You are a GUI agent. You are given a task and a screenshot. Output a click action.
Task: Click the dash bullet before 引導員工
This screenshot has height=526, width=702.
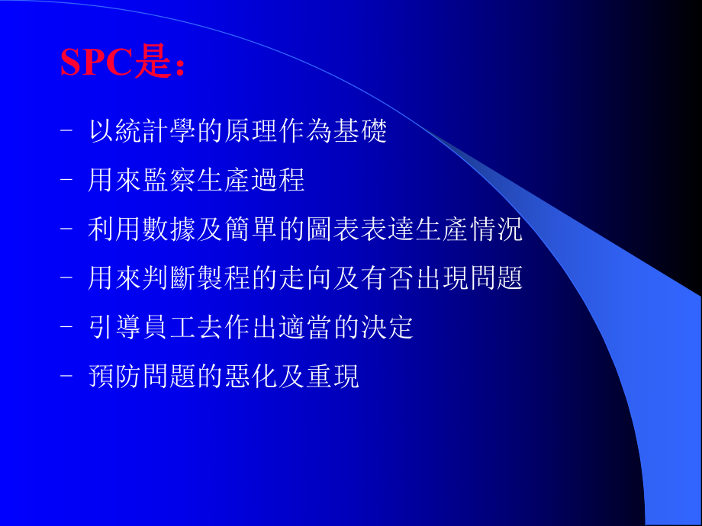pyautogui.click(x=66, y=328)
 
